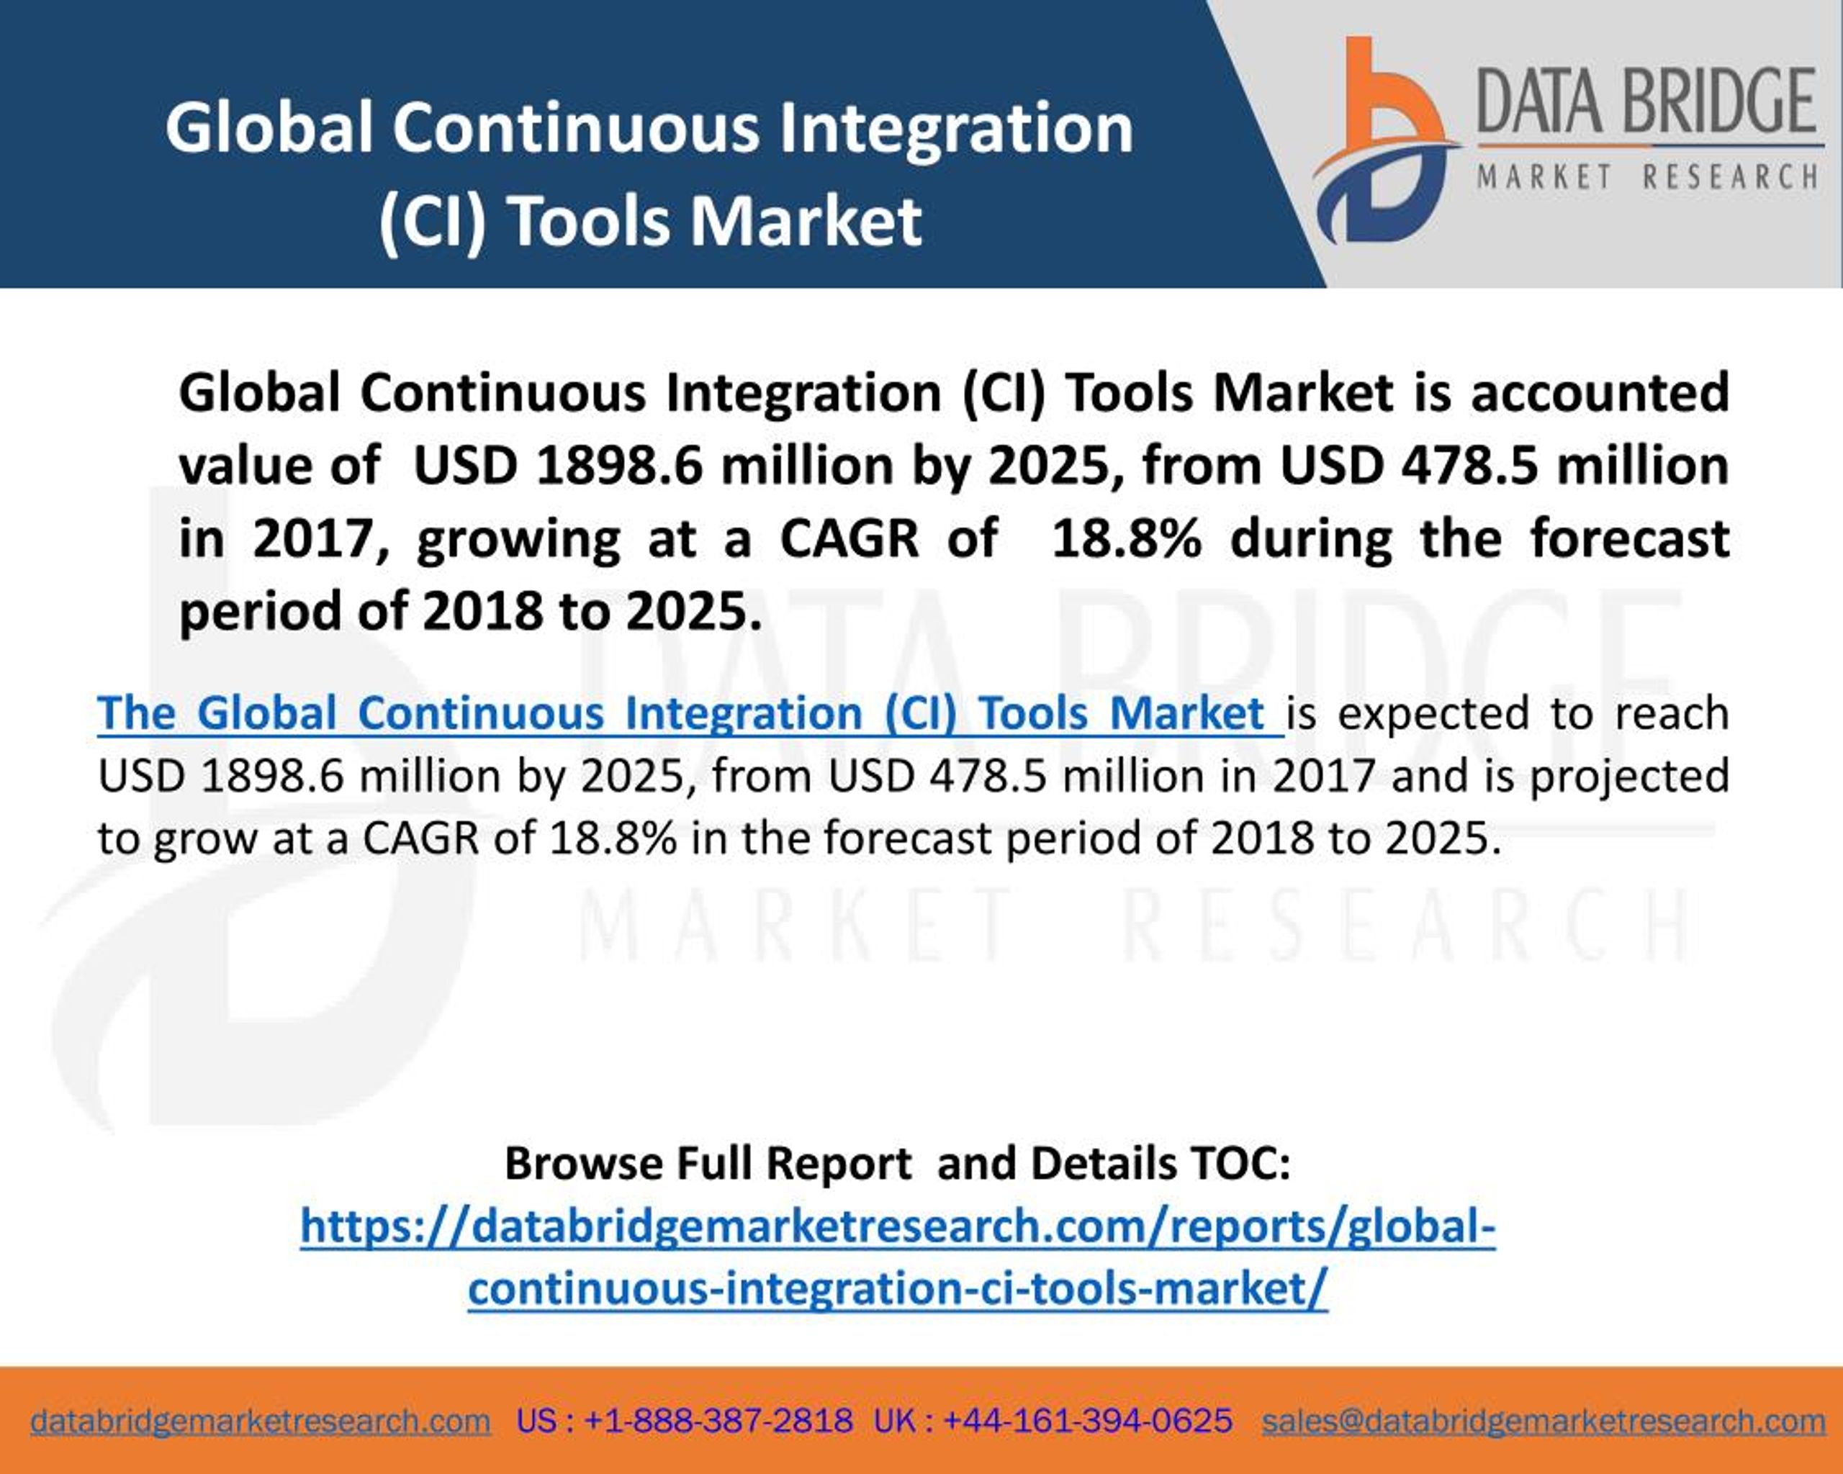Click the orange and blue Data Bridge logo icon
(x=1385, y=141)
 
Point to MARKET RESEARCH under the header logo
(x=1647, y=177)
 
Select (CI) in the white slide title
(x=433, y=220)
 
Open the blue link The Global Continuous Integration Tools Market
(x=690, y=713)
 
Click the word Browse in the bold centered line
(x=583, y=1163)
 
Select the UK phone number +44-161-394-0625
(x=1087, y=1396)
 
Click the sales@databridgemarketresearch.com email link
(x=1544, y=1396)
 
